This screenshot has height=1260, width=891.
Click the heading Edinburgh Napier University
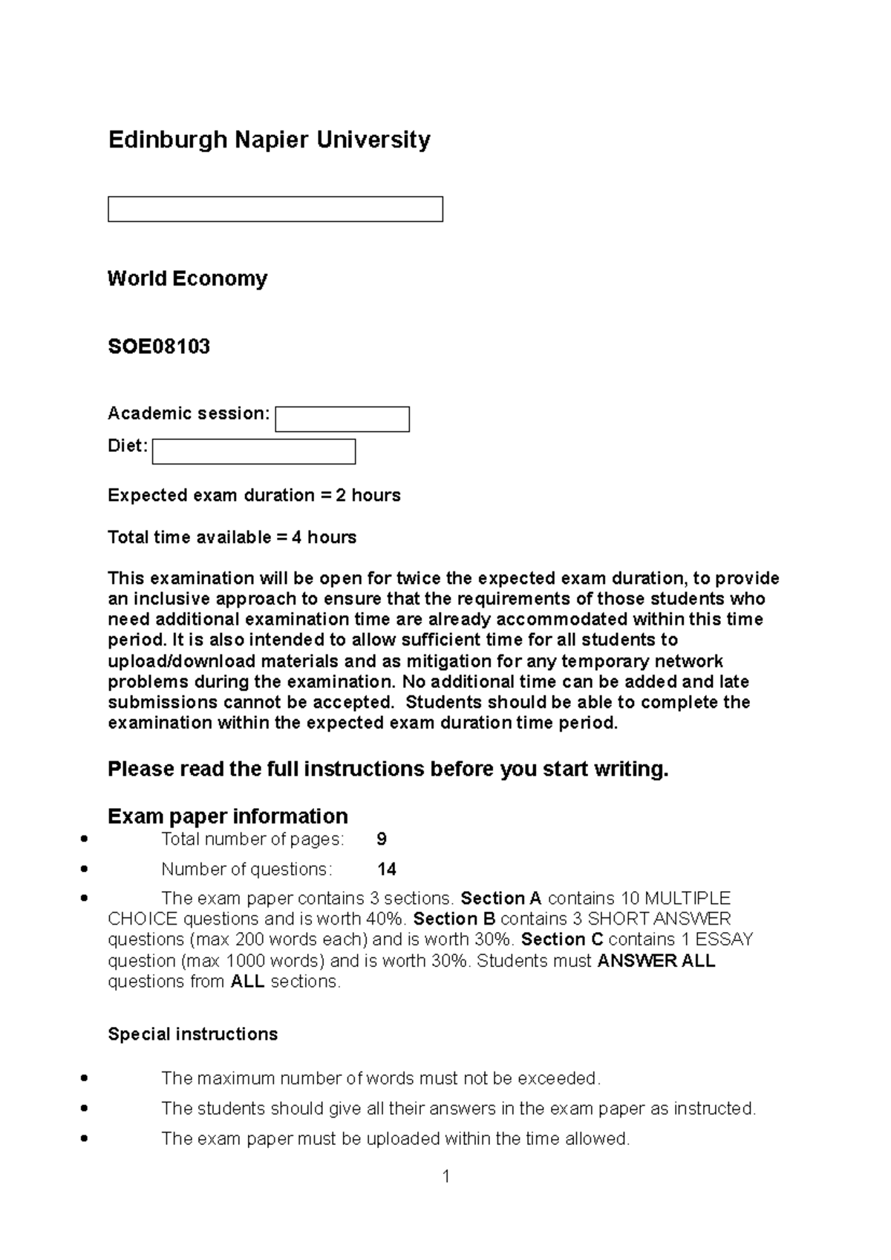[x=269, y=140]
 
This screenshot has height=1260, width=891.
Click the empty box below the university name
[x=275, y=209]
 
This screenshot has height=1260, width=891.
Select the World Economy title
[x=187, y=278]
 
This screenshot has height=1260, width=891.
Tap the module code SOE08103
[x=159, y=347]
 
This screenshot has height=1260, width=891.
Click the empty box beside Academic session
[x=342, y=419]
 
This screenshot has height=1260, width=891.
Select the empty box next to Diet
[x=254, y=451]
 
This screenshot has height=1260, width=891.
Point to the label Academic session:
[x=189, y=413]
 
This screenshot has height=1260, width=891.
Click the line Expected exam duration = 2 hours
[x=254, y=495]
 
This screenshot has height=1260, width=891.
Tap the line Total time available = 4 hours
[x=232, y=537]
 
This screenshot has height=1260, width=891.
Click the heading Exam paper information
[x=227, y=816]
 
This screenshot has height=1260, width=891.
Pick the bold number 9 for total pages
[x=382, y=839]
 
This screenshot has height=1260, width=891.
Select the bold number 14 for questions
[x=386, y=869]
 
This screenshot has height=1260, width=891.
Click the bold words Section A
[x=501, y=898]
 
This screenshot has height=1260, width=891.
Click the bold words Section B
[x=454, y=919]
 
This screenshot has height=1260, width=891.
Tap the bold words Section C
[x=561, y=939]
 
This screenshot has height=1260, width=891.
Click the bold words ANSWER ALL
[x=656, y=961]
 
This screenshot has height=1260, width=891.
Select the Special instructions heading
[x=192, y=1034]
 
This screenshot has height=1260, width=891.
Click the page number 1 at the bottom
[x=446, y=1176]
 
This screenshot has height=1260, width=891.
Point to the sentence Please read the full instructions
[x=388, y=769]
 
